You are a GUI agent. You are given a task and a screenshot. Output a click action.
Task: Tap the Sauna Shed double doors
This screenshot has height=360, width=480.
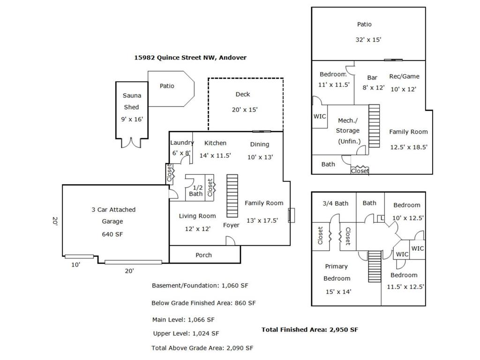tap(131, 142)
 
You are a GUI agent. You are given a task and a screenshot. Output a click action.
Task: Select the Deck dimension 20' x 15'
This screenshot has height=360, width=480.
tap(245, 110)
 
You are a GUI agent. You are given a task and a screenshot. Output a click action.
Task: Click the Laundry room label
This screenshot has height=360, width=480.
tap(182, 142)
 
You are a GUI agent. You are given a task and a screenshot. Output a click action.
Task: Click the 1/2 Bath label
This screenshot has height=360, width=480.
tap(196, 191)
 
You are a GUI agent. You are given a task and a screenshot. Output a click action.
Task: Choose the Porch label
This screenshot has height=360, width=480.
tap(203, 255)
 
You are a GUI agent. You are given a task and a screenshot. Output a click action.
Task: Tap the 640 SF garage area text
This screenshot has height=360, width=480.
tap(112, 234)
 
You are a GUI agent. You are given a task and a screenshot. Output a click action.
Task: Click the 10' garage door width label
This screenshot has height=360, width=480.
tap(75, 265)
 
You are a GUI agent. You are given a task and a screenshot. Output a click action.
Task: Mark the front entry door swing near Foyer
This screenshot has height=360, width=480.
tap(231, 241)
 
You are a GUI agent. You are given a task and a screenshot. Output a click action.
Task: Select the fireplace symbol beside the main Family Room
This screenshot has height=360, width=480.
tap(292, 215)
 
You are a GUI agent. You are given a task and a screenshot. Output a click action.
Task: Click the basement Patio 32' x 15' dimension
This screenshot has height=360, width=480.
tap(368, 39)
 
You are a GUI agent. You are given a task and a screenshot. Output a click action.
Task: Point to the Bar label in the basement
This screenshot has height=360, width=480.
tap(372, 78)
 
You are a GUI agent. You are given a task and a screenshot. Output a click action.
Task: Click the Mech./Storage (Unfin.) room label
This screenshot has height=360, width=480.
tap(348, 131)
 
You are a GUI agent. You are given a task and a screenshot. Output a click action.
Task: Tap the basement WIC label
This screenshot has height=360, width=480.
tap(320, 116)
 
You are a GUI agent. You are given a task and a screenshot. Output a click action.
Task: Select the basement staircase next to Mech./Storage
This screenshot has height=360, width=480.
tap(374, 126)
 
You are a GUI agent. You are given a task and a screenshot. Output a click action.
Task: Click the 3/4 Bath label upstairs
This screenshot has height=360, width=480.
tap(336, 203)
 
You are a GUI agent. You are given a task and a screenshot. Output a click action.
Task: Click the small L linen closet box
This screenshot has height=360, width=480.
tap(381, 218)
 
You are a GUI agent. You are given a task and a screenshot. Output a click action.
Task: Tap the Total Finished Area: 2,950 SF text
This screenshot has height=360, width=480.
tap(309, 330)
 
